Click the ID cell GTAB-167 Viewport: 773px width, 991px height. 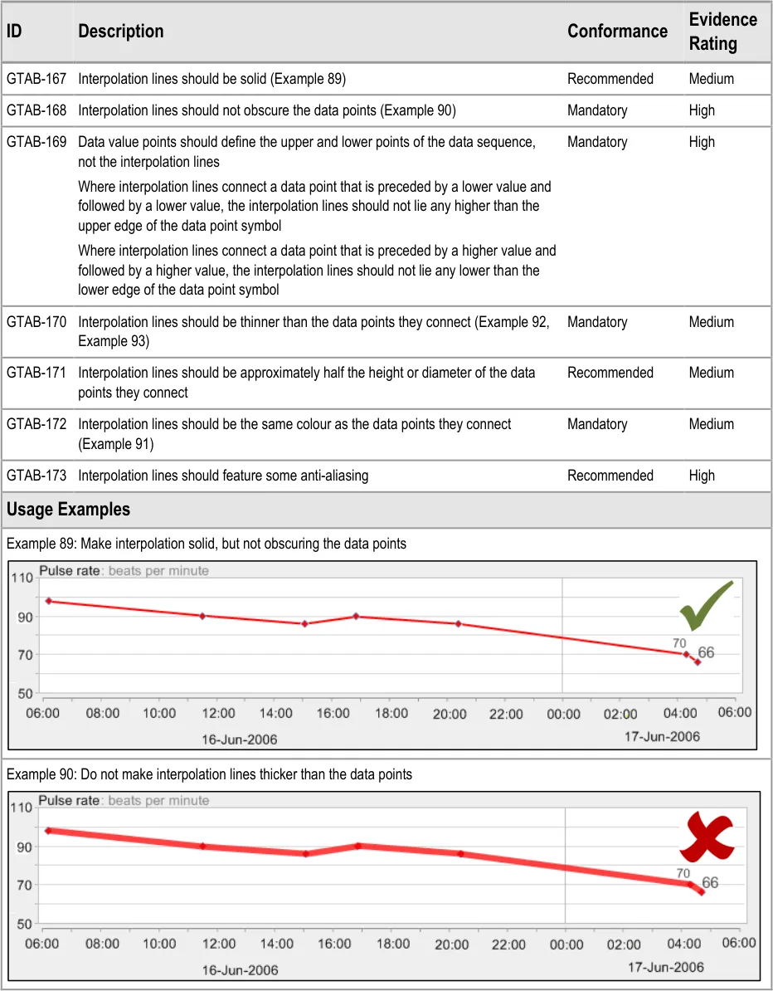point(36,79)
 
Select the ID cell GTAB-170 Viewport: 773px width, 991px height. point(36,322)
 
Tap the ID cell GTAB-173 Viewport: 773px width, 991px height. point(36,476)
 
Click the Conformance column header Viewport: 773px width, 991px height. point(617,32)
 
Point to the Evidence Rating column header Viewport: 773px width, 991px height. point(722,32)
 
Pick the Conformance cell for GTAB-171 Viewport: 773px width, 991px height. point(610,373)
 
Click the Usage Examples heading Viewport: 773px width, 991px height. point(68,509)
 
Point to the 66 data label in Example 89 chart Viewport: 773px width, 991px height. point(705,652)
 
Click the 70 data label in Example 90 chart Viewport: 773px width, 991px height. point(683,873)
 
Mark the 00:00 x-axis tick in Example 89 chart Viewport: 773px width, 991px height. point(562,713)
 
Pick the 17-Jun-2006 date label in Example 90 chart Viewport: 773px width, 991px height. point(666,967)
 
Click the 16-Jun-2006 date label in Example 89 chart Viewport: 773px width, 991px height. point(240,739)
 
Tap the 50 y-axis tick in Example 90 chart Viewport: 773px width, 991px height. point(23,923)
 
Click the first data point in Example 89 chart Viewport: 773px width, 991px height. point(49,600)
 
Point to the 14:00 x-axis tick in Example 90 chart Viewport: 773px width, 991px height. point(277,944)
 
